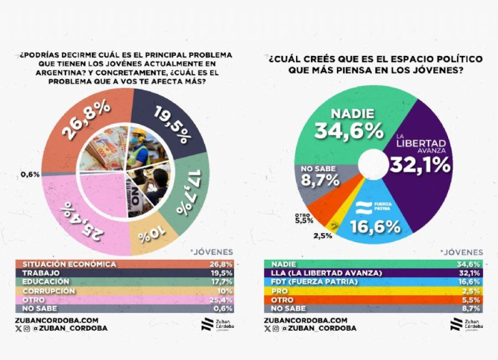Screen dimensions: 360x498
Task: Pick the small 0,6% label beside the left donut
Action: click(x=30, y=174)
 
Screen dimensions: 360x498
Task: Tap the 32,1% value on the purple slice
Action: click(x=420, y=164)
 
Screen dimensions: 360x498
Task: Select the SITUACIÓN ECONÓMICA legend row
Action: click(x=126, y=264)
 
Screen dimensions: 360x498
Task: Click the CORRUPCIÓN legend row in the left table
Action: click(x=126, y=290)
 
